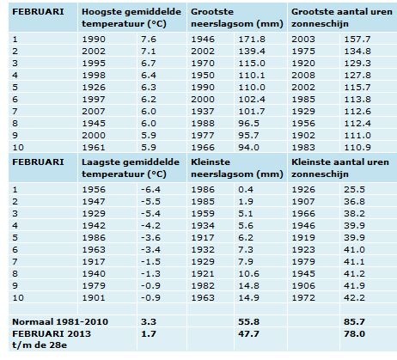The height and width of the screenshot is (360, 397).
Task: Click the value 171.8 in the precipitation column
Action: point(252,39)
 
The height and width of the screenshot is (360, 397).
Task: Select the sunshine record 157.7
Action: point(357,39)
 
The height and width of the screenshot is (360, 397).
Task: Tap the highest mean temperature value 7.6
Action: point(149,39)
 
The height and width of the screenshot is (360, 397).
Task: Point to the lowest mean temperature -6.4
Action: point(150,189)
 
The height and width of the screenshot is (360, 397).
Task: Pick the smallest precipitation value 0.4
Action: point(246,189)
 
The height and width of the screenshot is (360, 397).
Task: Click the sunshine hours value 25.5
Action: point(354,189)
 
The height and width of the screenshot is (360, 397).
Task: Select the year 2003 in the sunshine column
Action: point(303,39)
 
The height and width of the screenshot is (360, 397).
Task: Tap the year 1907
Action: point(303,201)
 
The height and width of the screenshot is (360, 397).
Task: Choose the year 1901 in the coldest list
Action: point(94,297)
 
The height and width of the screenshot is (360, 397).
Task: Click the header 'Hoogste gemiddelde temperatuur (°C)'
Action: point(131,17)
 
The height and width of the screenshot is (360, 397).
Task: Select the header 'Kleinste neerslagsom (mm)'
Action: point(237,168)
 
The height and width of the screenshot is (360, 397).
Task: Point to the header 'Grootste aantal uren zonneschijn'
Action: point(342,17)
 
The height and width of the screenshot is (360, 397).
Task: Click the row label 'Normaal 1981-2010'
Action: point(60,321)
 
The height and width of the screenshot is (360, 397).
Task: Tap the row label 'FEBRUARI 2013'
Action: point(52,333)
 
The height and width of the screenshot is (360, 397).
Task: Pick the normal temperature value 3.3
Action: point(149,321)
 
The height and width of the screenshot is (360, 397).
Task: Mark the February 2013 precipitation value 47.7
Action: point(248,333)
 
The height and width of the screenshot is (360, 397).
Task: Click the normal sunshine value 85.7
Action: point(354,321)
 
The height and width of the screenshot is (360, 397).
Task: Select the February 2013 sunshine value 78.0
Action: point(354,333)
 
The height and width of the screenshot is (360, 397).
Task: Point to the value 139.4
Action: point(252,51)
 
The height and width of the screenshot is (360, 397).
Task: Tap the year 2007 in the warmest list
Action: point(94,111)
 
